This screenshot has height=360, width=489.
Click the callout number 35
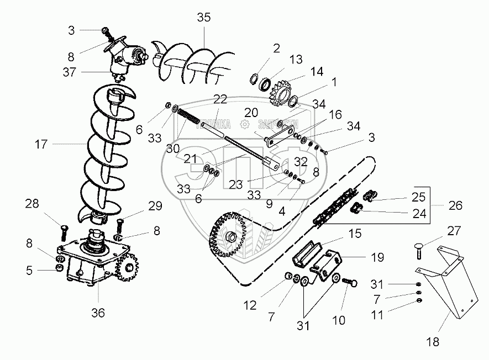204,17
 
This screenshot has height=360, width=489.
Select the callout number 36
98,313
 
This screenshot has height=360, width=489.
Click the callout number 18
433,342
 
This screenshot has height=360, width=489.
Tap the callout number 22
220,99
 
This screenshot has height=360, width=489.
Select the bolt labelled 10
349,285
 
